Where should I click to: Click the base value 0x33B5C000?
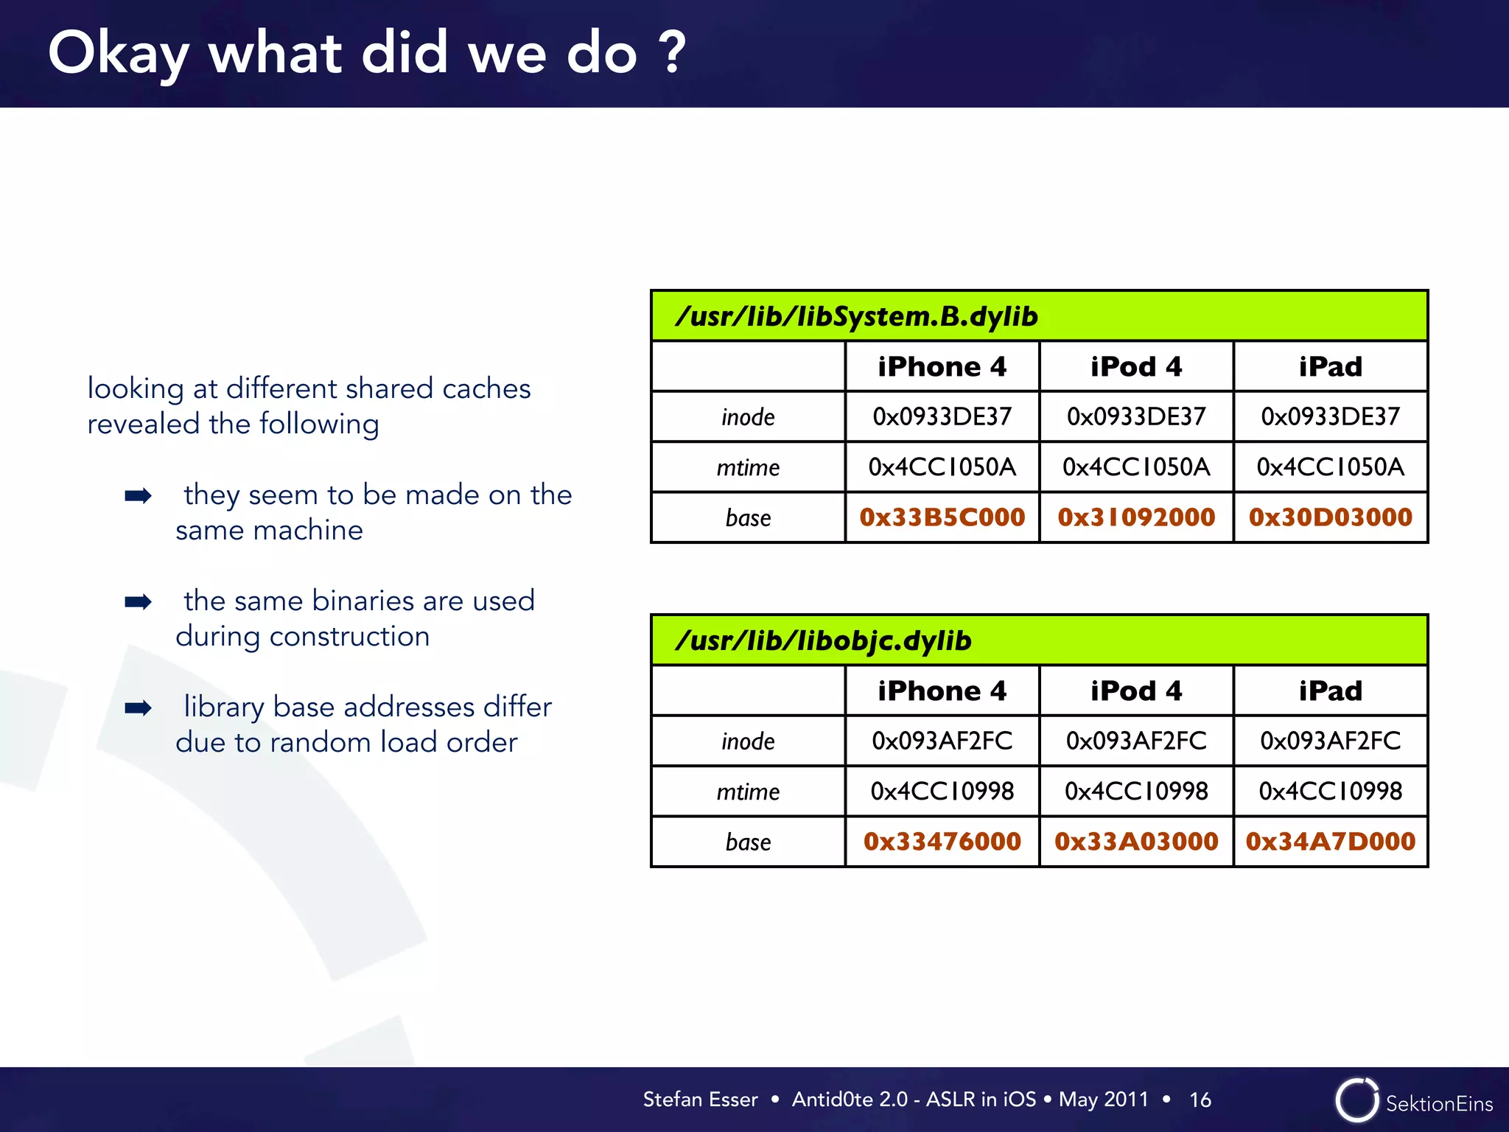tap(942, 517)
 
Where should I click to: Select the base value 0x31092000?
tap(1135, 517)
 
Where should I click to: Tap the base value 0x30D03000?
tap(1330, 517)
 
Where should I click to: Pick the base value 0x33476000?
tap(942, 842)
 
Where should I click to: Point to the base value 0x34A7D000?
tap(1330, 842)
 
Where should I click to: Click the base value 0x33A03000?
tap(1135, 842)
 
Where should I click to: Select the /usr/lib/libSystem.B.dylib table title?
tap(856, 316)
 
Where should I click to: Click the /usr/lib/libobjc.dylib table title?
tap(823, 640)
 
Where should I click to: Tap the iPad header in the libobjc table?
tap(1330, 691)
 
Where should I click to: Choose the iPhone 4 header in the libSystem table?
tap(942, 367)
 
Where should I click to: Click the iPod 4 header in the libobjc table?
tap(1135, 691)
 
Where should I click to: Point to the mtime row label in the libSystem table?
tap(748, 467)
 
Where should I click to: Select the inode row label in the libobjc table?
tap(748, 741)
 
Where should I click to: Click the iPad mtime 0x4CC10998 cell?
tap(1330, 792)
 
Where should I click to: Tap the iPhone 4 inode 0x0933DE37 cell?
tap(942, 417)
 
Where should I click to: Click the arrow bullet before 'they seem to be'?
tap(138, 495)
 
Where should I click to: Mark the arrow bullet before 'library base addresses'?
tap(138, 707)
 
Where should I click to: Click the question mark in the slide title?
tap(672, 53)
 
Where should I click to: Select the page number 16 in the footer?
tap(1200, 1100)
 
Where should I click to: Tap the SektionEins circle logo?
tap(1356, 1100)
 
